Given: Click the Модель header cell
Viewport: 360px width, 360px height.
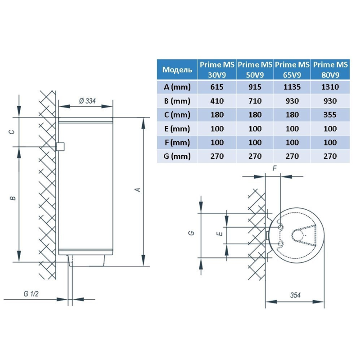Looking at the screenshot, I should point(177,70).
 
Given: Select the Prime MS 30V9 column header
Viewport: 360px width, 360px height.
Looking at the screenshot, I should point(216,70).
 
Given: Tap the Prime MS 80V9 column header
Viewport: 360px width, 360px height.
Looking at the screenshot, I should point(330,70).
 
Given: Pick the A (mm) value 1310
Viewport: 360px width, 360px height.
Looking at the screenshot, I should point(330,87).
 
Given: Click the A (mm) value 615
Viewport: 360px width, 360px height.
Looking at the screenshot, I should point(216,87).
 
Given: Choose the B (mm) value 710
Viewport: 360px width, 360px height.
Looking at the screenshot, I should point(255,101).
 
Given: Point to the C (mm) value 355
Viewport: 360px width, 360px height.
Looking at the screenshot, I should point(330,115).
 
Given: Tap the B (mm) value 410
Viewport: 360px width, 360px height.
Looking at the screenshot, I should point(216,101).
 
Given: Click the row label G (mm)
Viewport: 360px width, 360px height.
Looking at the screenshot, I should point(177,156).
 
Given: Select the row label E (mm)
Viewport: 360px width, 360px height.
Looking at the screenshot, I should point(177,129).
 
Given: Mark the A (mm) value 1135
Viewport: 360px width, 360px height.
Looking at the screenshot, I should point(292,87).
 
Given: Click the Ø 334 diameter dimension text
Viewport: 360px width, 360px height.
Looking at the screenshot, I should point(87,101).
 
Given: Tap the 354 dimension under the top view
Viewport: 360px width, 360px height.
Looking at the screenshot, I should point(295,295).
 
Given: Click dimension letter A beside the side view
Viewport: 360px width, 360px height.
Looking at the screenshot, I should point(138,189).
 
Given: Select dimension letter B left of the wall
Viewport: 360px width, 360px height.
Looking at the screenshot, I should point(13,198).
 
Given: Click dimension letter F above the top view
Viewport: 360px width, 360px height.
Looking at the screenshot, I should point(274,168).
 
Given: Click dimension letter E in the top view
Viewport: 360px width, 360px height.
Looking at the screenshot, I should point(218,234).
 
